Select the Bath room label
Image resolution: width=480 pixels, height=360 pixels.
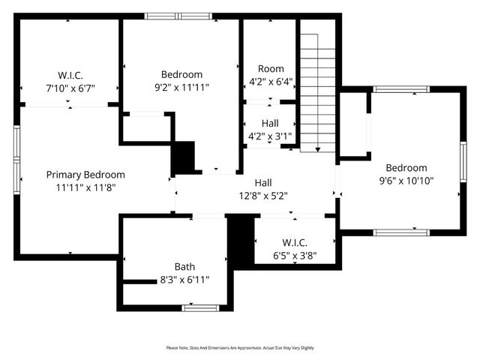pos(185,266)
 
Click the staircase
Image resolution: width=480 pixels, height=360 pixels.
pos(317,90)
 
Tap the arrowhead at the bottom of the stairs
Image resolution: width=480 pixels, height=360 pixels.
pos(317,149)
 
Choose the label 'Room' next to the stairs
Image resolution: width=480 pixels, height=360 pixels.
pos(271,68)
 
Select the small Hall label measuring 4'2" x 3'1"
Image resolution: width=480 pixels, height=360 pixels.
pos(271,123)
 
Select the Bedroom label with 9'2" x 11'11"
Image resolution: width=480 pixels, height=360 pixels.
pos(181,74)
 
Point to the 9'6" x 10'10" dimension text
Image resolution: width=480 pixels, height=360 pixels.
pos(406,180)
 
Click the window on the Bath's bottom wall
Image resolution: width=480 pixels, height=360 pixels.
pos(200,307)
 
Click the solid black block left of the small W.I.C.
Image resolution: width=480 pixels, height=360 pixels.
pos(240,239)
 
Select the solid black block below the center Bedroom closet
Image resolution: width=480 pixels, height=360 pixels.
pos(184,157)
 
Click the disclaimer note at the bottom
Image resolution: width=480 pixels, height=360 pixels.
pos(240,348)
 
